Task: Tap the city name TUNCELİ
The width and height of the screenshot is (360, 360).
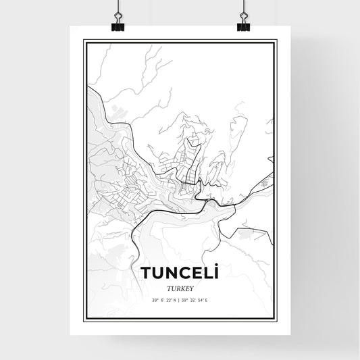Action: (x=180, y=273)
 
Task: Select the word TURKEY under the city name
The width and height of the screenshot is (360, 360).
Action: (x=180, y=286)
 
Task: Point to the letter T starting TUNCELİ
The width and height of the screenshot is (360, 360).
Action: (x=146, y=273)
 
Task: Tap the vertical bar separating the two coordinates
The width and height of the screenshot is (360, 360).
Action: (x=180, y=299)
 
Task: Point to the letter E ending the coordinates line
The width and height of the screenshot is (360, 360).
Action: (x=214, y=299)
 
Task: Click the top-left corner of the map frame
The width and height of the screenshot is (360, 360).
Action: (x=84, y=42)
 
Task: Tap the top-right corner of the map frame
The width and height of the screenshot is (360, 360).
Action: (x=276, y=42)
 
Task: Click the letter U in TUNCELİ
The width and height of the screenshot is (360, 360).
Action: (x=157, y=273)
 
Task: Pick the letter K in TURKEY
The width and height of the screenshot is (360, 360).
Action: (x=180, y=286)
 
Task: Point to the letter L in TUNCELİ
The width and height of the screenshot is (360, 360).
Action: (x=207, y=273)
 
